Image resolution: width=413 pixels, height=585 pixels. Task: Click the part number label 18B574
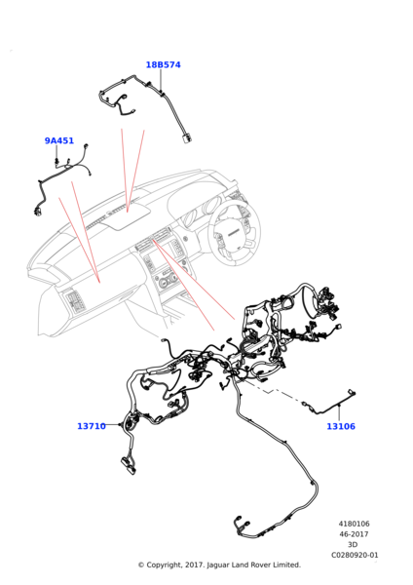[163, 65]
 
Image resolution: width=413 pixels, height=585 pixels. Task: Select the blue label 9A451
[59, 141]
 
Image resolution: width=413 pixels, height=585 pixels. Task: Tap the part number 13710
[92, 426]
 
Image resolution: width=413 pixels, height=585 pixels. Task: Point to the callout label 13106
[341, 426]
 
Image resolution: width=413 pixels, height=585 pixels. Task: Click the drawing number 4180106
[355, 524]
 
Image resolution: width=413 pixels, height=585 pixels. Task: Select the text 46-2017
[354, 534]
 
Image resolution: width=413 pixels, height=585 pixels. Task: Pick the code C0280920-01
[355, 555]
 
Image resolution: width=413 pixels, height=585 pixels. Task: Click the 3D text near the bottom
[353, 545]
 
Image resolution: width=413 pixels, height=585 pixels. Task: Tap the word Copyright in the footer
[164, 565]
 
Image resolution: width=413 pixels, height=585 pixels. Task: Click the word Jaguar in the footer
[218, 565]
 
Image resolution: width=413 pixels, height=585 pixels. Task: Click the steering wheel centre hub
[234, 233]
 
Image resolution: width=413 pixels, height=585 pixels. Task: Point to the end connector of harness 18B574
[187, 138]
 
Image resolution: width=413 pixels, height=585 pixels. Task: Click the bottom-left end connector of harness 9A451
[38, 211]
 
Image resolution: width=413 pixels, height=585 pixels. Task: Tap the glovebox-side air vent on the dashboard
[74, 300]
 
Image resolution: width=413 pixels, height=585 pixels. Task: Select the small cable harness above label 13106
[328, 405]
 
